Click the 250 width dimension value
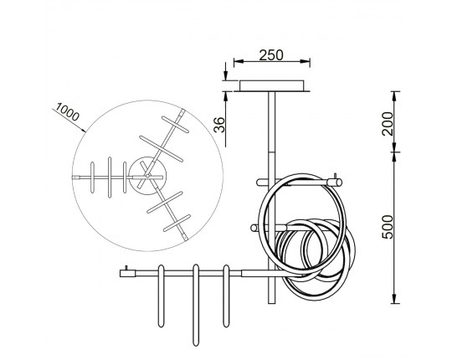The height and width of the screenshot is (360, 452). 271,55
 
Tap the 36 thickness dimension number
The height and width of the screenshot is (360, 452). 220,125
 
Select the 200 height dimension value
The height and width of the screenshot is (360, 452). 388,124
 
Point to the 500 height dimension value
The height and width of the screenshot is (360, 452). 388,227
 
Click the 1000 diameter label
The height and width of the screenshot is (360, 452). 67,112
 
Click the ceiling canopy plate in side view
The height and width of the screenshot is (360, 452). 271,86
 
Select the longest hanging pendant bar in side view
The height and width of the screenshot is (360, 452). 196,305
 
